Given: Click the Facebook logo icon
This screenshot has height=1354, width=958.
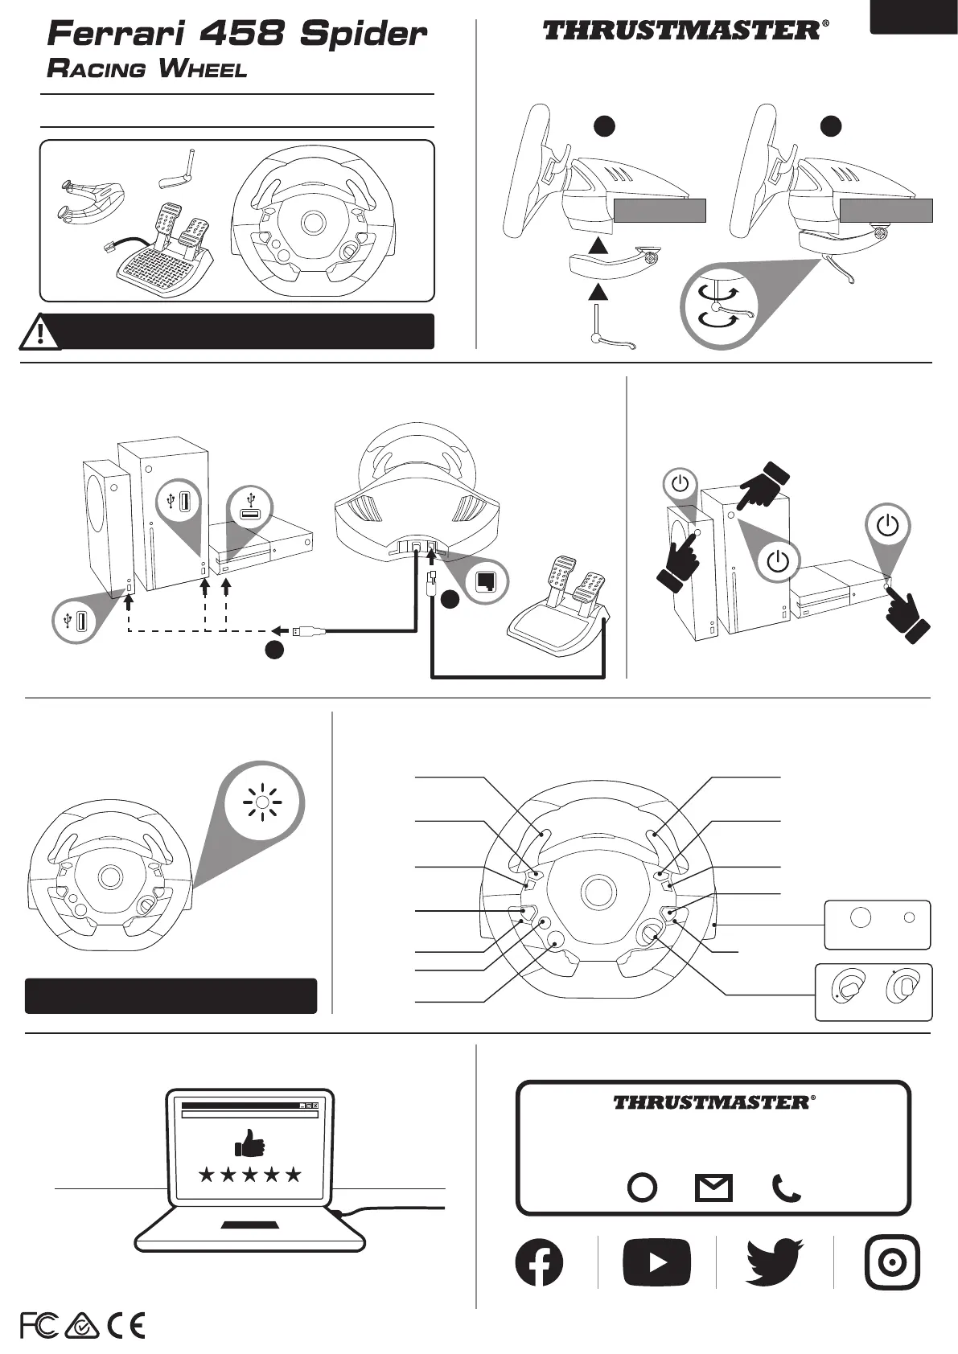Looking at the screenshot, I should (x=539, y=1262).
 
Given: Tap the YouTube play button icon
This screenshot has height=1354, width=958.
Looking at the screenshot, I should (x=657, y=1262).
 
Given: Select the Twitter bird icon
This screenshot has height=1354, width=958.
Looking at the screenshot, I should (x=775, y=1262).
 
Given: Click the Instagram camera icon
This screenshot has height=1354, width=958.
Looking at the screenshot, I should (x=892, y=1262).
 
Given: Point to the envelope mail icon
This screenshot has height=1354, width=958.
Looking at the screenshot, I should (x=713, y=1188).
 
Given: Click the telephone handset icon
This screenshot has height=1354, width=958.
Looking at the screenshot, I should (x=786, y=1188).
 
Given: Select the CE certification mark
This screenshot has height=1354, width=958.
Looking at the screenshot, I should (x=125, y=1326).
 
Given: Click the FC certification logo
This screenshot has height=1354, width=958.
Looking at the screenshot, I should (x=39, y=1326).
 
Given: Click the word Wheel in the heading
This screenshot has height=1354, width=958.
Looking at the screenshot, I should (x=203, y=69).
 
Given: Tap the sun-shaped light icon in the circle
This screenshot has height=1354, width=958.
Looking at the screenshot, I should (x=263, y=802).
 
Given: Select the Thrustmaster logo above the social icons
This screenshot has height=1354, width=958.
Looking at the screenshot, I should (x=713, y=1102).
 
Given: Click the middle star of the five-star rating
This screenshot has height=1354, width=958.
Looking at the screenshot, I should (x=249, y=1175).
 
